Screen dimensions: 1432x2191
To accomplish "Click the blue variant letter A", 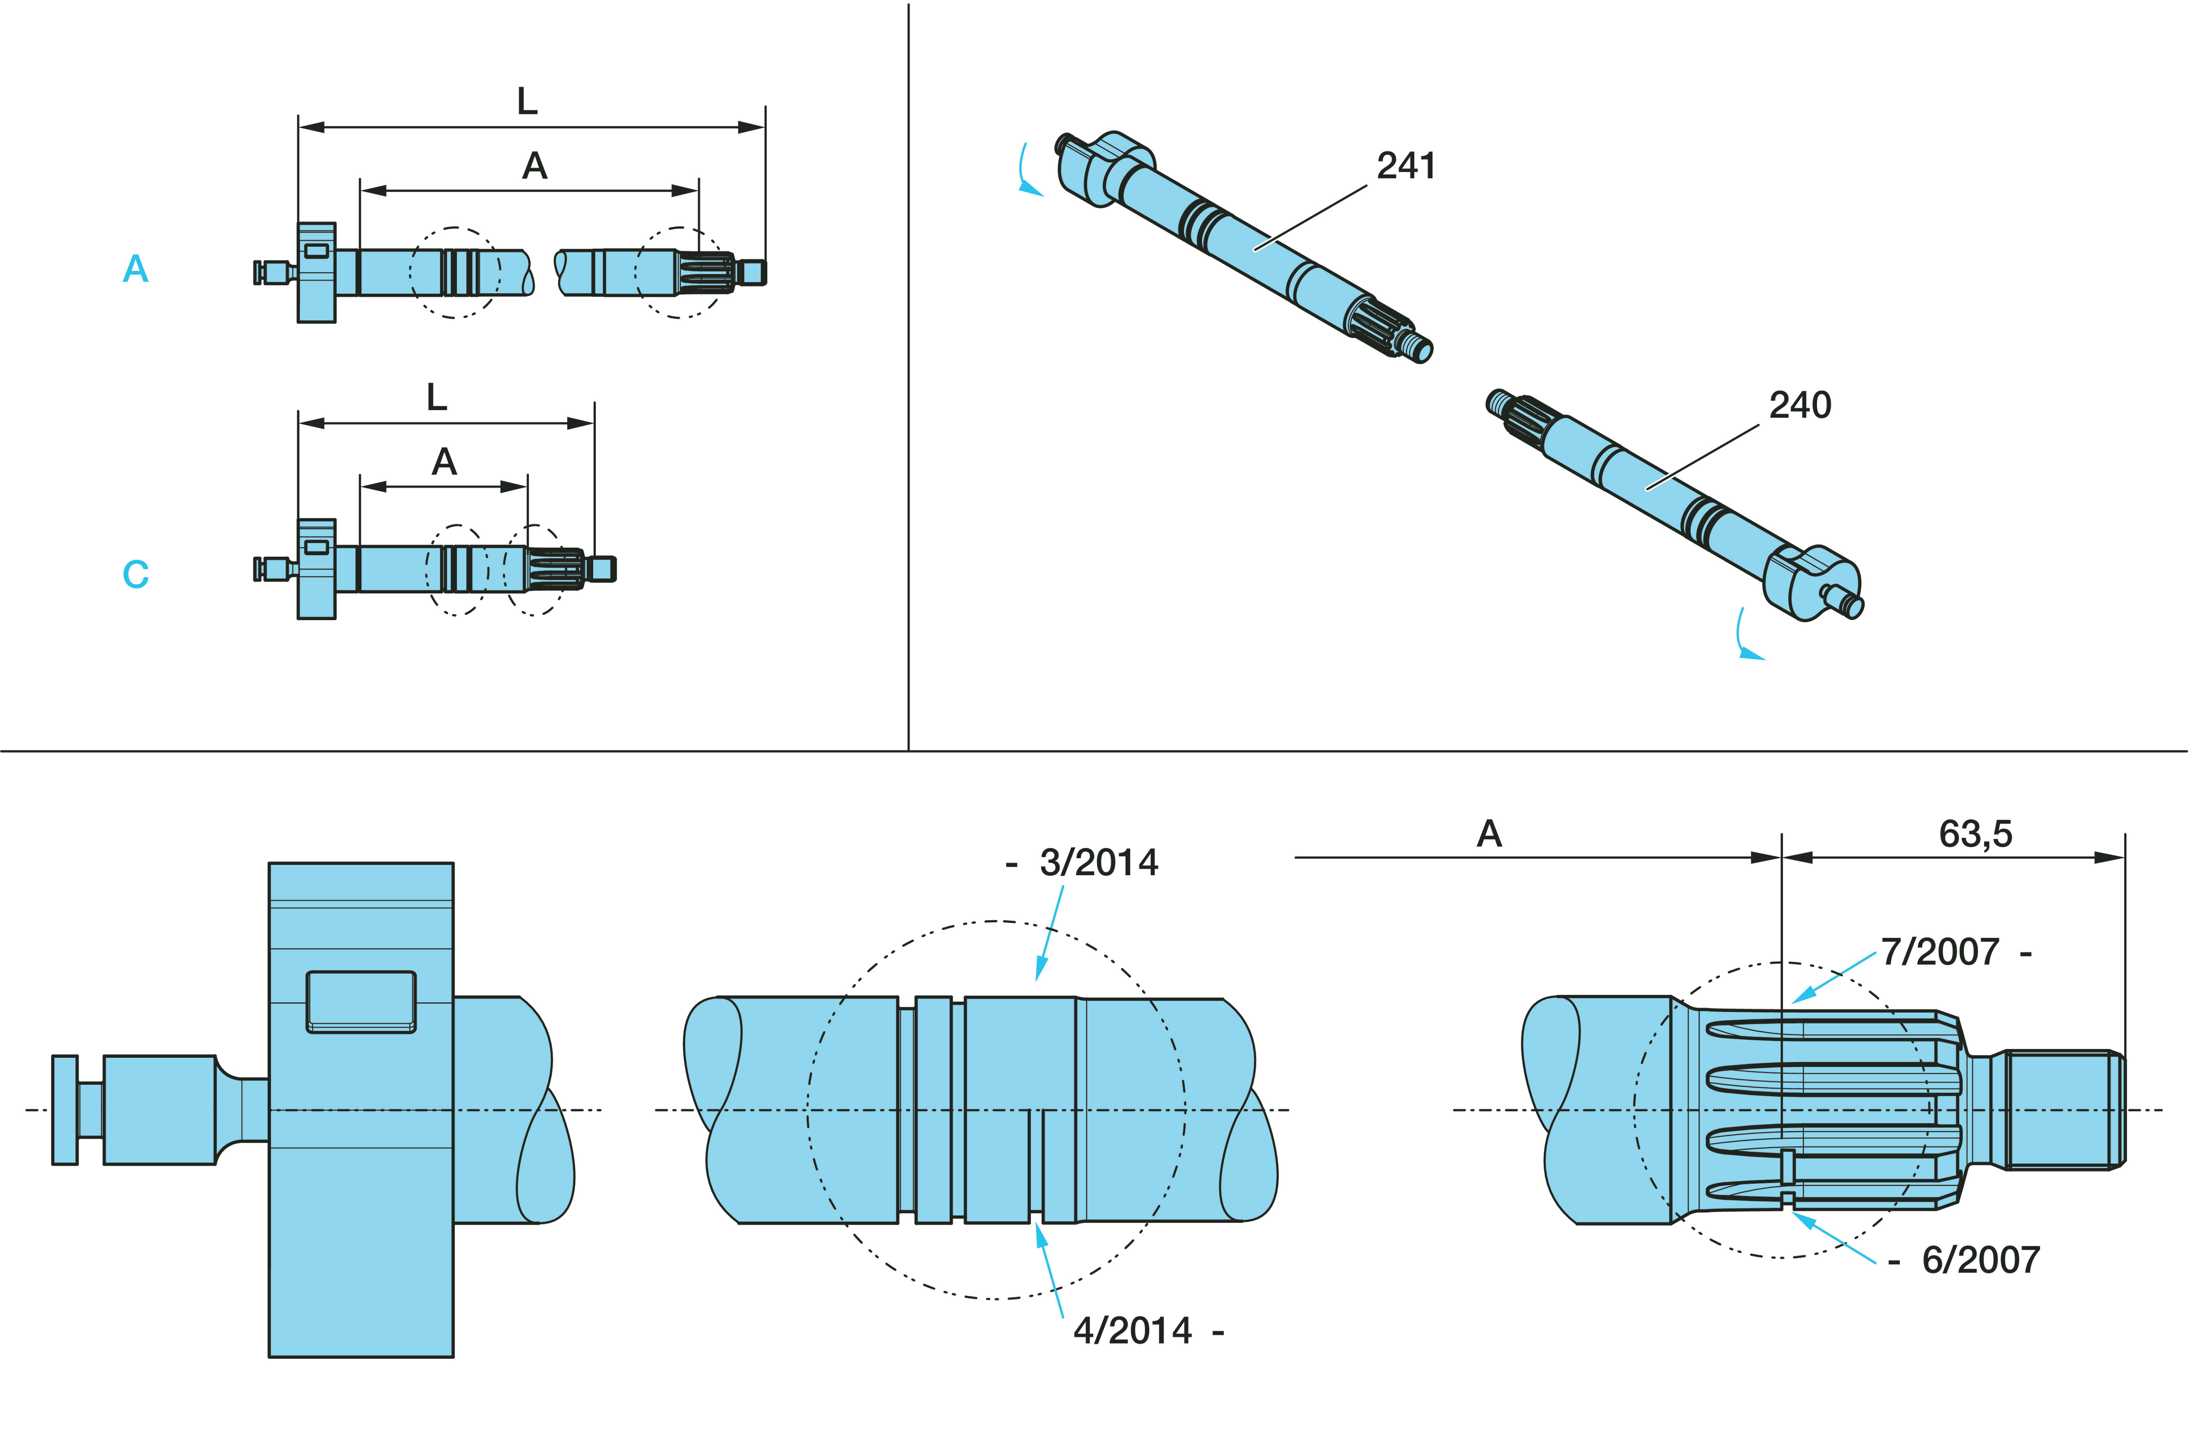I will tap(135, 269).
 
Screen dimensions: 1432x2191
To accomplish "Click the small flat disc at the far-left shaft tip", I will tap(65, 1110).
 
